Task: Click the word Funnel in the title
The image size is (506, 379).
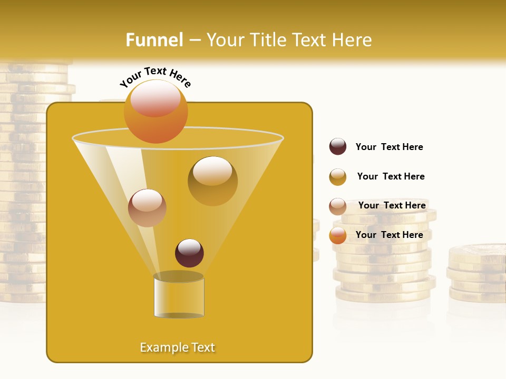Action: (x=154, y=40)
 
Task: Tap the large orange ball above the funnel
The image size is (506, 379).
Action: (x=155, y=111)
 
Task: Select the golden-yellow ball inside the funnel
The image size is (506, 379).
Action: (x=212, y=181)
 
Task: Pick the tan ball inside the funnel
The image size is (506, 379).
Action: (x=147, y=208)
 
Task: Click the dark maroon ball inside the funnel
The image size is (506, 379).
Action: (x=189, y=253)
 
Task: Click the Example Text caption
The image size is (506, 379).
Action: (x=178, y=347)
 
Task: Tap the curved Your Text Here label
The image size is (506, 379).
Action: (x=155, y=77)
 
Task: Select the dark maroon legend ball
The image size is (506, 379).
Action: (x=338, y=146)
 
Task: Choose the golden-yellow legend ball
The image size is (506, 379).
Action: (x=338, y=177)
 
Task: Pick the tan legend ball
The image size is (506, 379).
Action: (x=338, y=206)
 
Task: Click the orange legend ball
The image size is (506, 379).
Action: (x=338, y=235)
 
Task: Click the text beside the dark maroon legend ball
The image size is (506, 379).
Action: (x=389, y=147)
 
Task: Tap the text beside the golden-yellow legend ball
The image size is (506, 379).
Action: (x=391, y=176)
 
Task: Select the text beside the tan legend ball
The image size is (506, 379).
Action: (x=392, y=205)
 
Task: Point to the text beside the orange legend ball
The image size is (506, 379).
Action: (x=389, y=235)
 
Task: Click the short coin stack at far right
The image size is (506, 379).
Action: (x=476, y=274)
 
